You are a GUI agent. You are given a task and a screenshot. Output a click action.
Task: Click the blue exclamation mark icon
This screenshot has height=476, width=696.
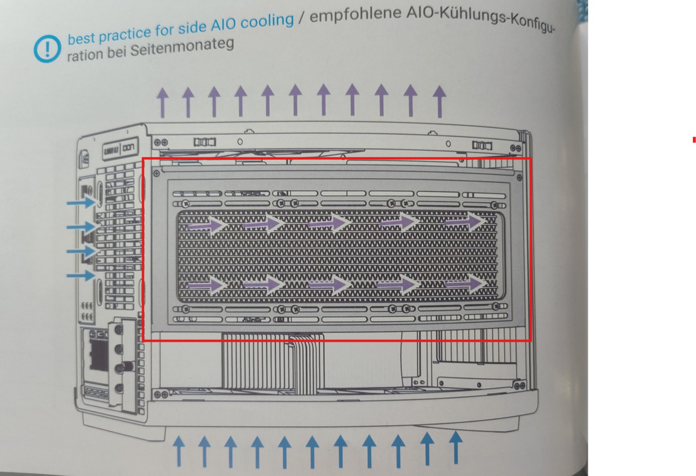(47, 48)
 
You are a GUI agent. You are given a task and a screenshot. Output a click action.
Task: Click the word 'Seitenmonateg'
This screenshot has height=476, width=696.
(182, 47)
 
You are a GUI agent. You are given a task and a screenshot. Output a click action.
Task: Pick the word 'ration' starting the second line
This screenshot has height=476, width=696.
(84, 55)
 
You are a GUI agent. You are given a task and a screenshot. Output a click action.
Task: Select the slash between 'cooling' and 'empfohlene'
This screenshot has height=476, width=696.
(301, 18)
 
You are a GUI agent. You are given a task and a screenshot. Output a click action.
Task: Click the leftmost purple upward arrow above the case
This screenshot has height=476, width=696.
(163, 102)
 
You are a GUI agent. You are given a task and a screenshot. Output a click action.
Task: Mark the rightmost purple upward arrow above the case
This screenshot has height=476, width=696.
(439, 101)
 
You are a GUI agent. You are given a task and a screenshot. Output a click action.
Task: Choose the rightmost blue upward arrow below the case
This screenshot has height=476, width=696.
(455, 447)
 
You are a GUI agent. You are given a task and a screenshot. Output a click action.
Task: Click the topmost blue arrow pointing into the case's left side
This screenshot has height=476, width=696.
(81, 202)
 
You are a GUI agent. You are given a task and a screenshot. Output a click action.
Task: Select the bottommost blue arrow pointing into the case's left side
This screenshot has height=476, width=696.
(81, 276)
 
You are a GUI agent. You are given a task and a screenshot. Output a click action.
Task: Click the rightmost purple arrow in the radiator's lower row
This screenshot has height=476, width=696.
(465, 283)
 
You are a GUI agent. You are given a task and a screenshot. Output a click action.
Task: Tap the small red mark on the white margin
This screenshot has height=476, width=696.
(694, 140)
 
